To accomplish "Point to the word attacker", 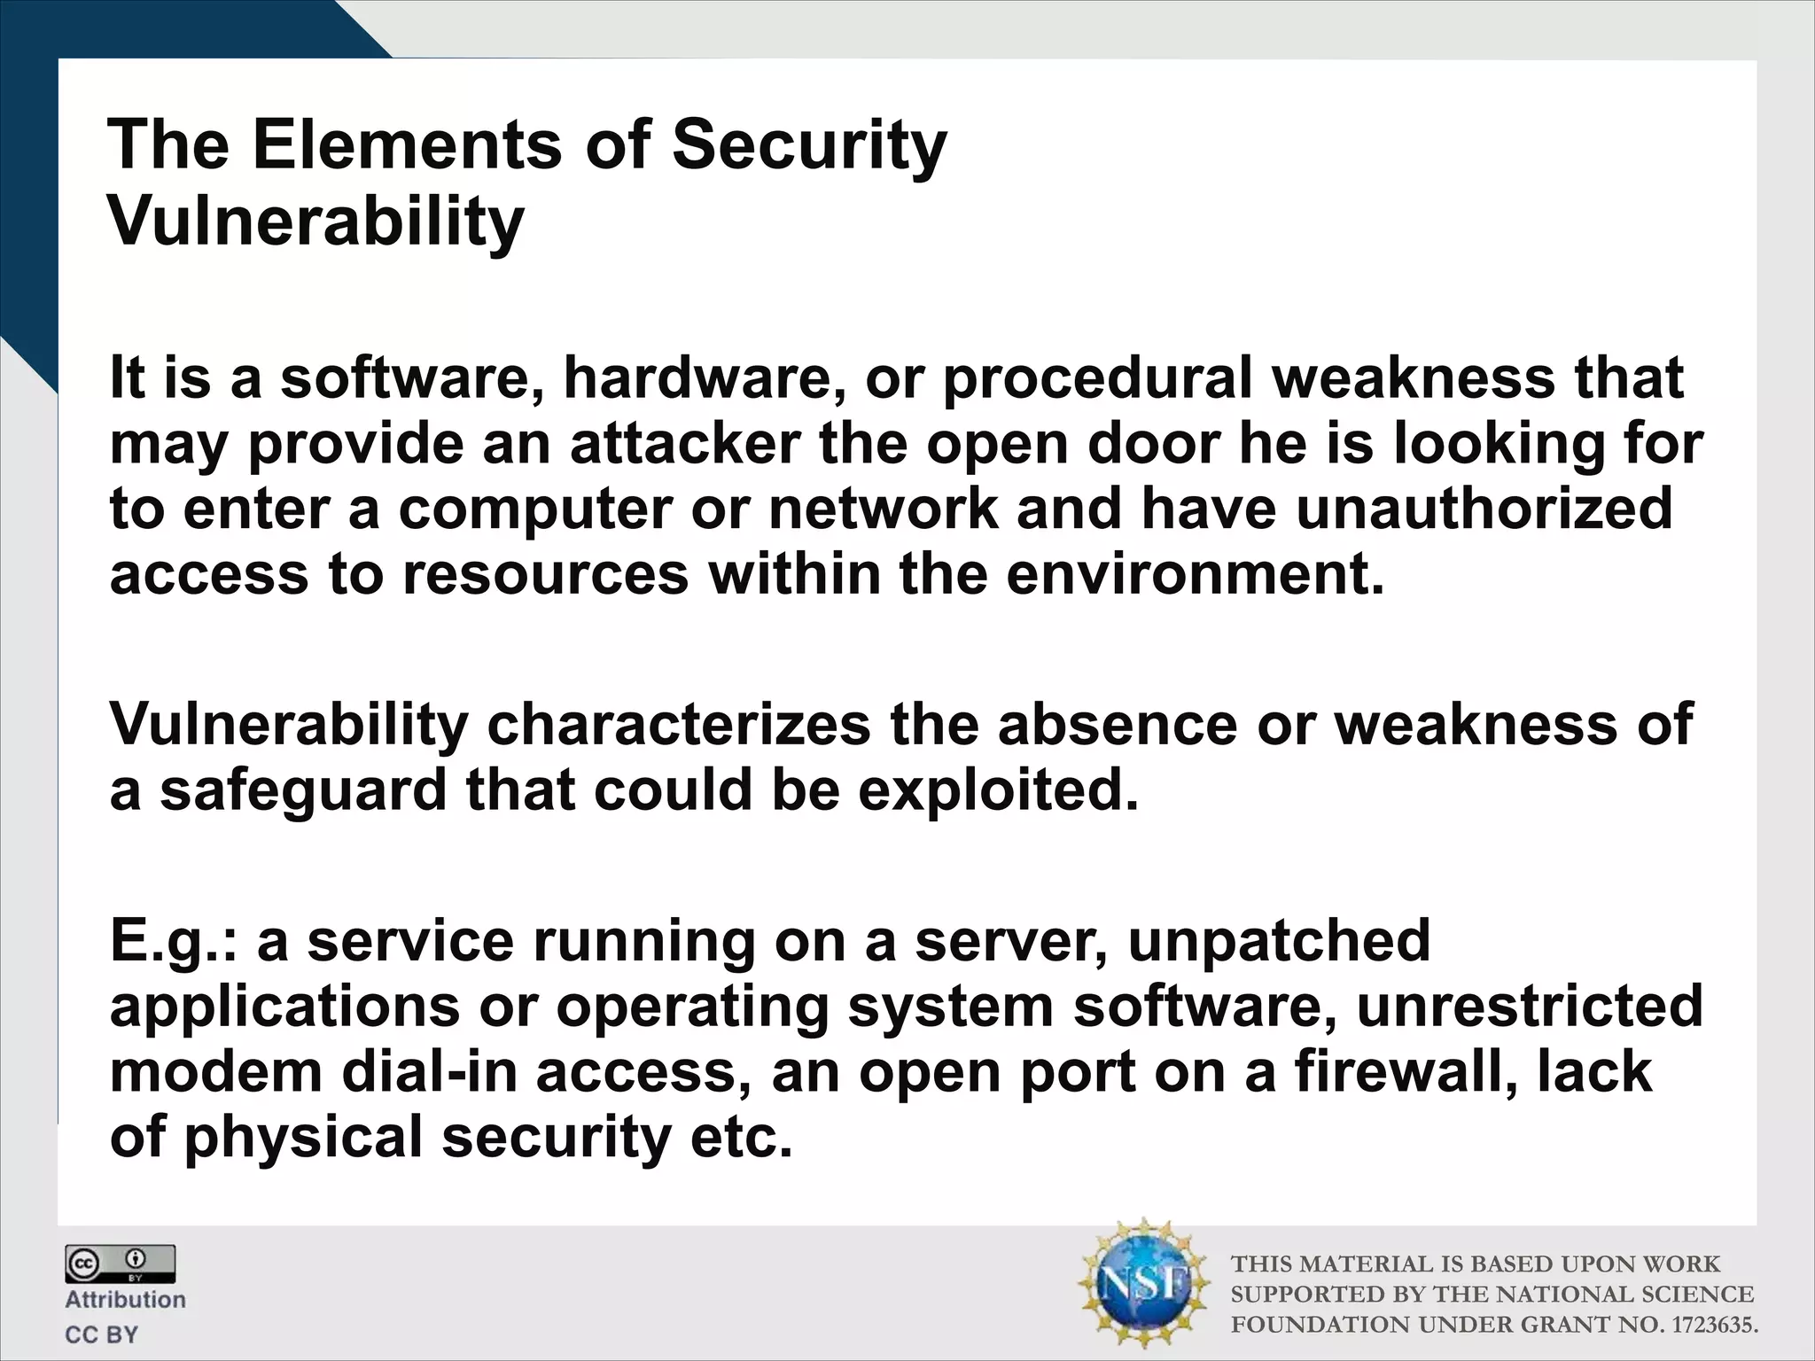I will click(x=685, y=444).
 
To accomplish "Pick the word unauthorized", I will click(x=1484, y=509).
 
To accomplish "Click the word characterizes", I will click(x=679, y=725).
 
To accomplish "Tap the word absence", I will click(x=1117, y=725).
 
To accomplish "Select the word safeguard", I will click(x=303, y=791).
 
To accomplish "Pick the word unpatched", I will click(x=1279, y=941).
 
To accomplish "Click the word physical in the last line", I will click(x=303, y=1139).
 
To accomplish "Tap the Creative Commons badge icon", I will click(x=120, y=1264).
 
